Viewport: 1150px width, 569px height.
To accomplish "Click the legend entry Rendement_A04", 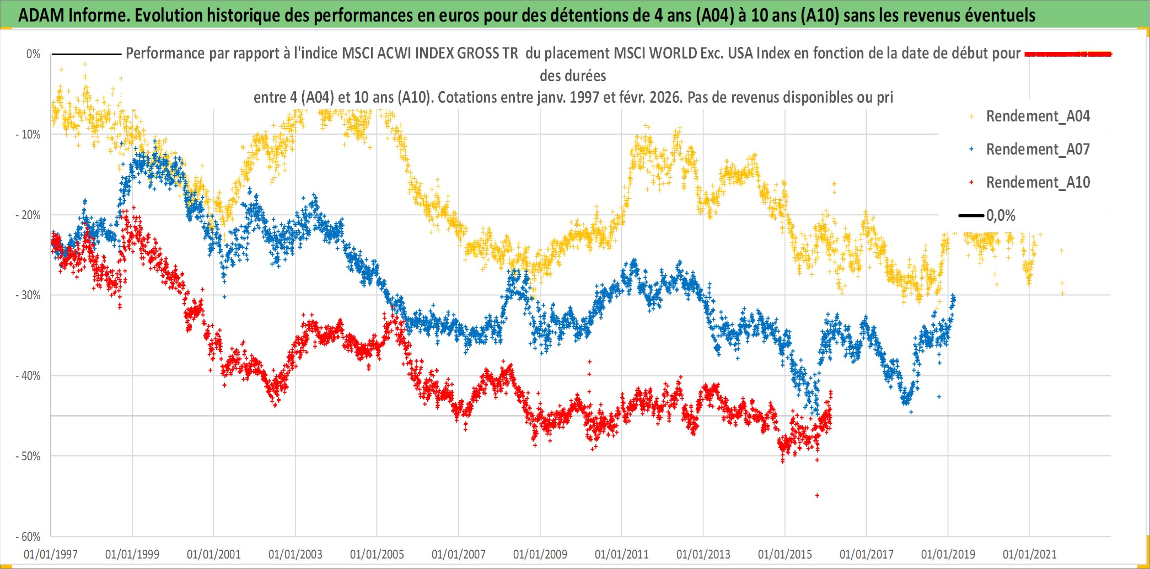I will tap(1038, 116).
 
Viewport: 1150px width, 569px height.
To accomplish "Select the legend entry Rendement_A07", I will tap(1038, 150).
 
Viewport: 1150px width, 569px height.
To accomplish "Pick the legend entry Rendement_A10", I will tap(1038, 183).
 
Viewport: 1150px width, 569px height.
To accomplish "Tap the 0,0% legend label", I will tap(1001, 216).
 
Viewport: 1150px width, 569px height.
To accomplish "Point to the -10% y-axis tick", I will tap(28, 135).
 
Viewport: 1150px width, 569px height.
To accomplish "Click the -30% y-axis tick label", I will tap(28, 295).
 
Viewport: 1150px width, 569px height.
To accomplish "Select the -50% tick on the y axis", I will tap(28, 456).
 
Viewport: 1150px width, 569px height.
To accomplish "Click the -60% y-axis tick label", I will tap(28, 537).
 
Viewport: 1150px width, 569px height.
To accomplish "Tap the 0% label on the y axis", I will tap(33, 54).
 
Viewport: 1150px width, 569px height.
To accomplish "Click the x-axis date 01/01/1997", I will tap(51, 554).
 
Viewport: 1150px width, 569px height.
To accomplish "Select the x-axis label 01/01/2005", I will tap(377, 554).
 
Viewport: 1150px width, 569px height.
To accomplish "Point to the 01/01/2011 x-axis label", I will tap(622, 554).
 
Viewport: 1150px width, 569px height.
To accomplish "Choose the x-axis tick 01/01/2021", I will tap(1030, 554).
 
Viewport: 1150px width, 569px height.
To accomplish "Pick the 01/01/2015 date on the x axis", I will tap(785, 554).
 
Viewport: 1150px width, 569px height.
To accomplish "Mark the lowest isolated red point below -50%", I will tap(817, 496).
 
